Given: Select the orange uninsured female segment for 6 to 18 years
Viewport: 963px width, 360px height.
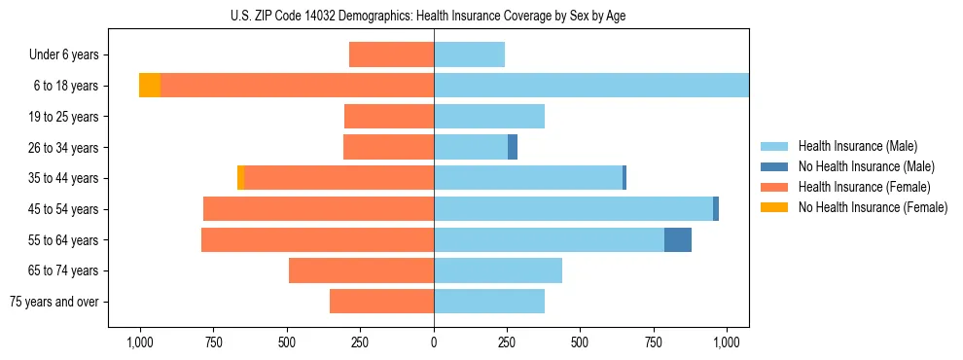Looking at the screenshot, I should tap(150, 86).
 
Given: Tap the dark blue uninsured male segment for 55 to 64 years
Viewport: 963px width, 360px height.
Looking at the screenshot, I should tap(678, 239).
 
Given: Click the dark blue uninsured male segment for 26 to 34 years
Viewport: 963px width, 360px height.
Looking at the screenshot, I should tap(513, 147).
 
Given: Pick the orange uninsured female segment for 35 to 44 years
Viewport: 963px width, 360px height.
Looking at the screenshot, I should tap(240, 178).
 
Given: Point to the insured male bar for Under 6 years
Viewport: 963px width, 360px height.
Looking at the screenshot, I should tap(469, 54).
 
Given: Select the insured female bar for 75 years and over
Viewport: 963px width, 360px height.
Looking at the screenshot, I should tap(381, 302).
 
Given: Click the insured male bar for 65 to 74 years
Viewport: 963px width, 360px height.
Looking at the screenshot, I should tap(498, 270).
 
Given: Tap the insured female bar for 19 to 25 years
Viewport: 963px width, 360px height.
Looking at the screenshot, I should tap(389, 117).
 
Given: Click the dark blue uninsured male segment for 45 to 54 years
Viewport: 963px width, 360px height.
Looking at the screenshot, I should tap(716, 208).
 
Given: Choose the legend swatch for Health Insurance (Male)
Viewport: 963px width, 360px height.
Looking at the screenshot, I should tap(774, 146).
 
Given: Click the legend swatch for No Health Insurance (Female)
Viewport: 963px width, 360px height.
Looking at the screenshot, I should tap(774, 207).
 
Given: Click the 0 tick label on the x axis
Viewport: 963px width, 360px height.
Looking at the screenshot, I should tap(434, 342).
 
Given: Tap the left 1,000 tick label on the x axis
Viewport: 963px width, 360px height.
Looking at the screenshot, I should tap(140, 342).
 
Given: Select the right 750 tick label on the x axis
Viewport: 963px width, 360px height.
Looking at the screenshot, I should tap(654, 342).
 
